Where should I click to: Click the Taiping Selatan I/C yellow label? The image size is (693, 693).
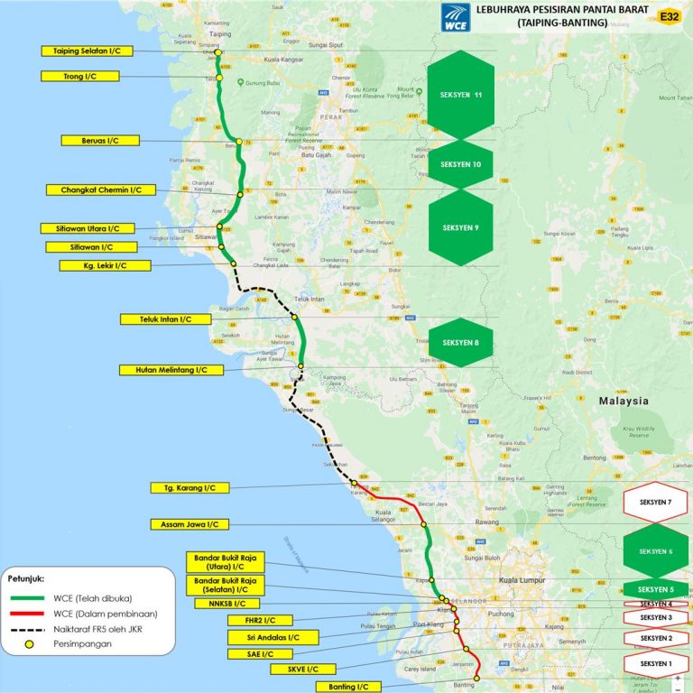tap(79, 51)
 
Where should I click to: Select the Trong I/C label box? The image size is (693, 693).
tap(79, 77)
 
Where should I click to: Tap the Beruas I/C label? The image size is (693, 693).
tap(100, 141)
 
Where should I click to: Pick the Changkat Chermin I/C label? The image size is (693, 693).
tap(101, 190)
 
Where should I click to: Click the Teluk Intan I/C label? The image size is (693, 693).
tap(166, 319)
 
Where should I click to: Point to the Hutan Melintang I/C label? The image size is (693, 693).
tap(164, 370)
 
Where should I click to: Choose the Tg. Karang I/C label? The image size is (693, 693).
tap(190, 488)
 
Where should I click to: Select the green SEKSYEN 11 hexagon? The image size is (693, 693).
tap(460, 94)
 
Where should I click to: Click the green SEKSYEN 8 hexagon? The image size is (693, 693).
tap(460, 343)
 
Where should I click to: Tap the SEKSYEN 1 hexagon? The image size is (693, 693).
tap(656, 664)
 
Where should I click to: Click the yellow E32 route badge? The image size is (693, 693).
tap(670, 16)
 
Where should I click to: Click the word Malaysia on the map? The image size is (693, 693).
tap(620, 401)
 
